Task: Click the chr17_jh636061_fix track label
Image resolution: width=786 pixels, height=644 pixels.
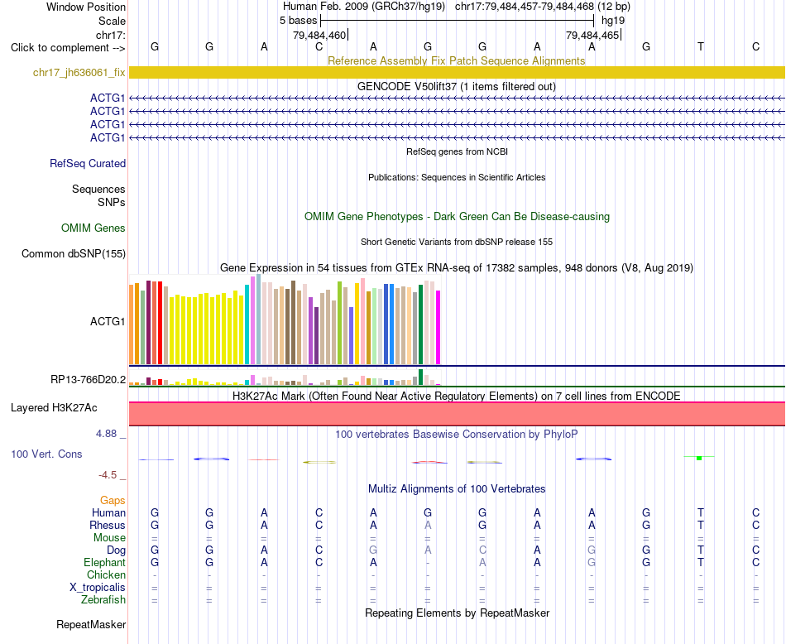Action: [x=79, y=73]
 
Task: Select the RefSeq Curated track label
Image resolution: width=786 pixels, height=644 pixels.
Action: [x=88, y=164]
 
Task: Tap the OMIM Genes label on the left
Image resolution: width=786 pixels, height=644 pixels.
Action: [x=93, y=228]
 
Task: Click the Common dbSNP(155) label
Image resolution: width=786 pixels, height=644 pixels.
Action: [x=74, y=254]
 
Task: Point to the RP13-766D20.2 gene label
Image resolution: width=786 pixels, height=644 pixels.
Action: [x=89, y=380]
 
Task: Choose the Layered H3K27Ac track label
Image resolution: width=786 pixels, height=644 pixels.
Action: [x=54, y=408]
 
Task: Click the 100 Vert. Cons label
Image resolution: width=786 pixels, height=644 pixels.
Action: [x=46, y=454]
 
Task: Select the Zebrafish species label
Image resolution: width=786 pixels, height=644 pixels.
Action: [x=103, y=600]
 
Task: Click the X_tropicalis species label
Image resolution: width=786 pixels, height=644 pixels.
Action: [x=98, y=588]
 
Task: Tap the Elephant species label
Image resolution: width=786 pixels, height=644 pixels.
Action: [x=105, y=563]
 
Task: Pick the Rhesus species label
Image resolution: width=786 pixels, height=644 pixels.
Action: [x=108, y=525]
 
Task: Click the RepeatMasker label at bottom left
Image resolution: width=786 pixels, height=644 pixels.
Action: [x=91, y=625]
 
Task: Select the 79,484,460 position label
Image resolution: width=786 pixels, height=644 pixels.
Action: [x=319, y=36]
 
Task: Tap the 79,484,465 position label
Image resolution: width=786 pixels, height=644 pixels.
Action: [x=592, y=36]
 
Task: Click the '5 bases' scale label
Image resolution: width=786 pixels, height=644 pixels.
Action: [x=298, y=21]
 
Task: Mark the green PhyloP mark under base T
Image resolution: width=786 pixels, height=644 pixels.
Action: [x=699, y=458]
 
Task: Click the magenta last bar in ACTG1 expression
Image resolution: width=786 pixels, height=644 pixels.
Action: [x=439, y=328]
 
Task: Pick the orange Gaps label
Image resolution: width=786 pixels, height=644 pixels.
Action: [x=113, y=501]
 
